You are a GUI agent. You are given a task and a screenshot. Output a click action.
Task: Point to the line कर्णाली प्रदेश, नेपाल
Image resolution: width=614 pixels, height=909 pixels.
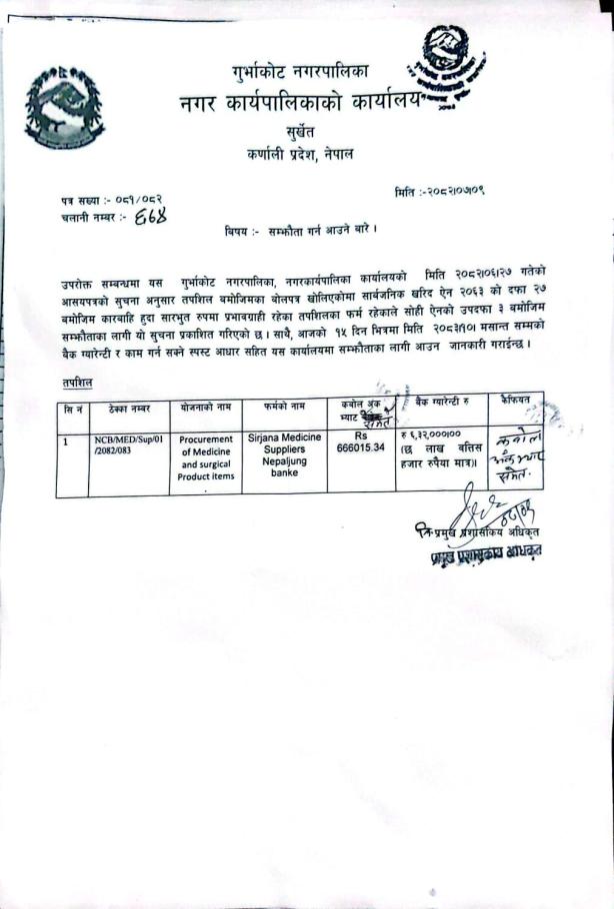tap(299, 154)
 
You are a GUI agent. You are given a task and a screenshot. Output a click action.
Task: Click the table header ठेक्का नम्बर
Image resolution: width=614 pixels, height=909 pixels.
tap(128, 410)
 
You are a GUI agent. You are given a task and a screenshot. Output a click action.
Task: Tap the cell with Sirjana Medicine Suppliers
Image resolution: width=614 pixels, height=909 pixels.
tap(284, 454)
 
